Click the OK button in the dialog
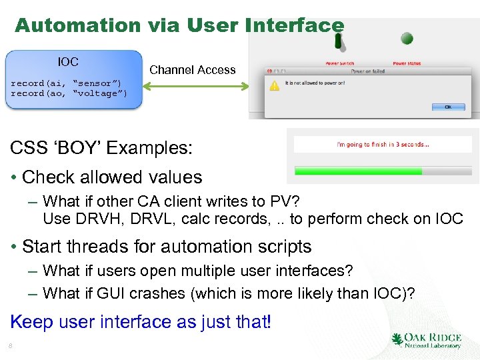pos(447,107)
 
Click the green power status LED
pos(406,38)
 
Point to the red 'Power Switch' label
pos(339,63)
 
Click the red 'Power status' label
pos(407,63)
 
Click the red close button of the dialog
pos(269,71)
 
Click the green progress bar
pos(359,171)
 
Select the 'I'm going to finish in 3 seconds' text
pos(383,144)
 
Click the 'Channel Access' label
pos(192,69)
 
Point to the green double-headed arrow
pos(197,85)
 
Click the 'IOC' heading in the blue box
pos(68,62)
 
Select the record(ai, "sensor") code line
pos(66,83)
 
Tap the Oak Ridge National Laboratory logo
pos(426,340)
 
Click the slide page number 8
pos(11,345)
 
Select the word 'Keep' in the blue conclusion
pos(31,321)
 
